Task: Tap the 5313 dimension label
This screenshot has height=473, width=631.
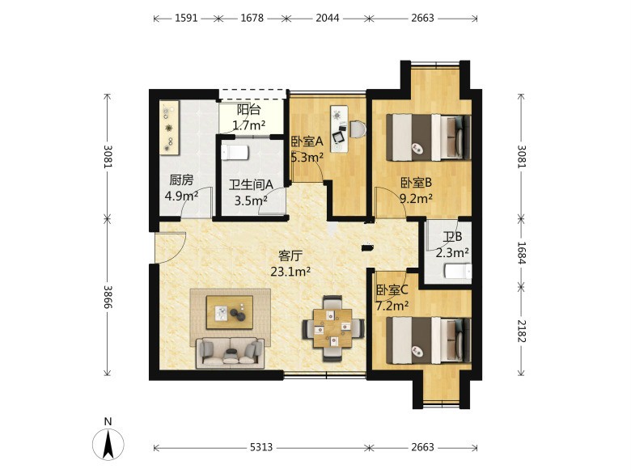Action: [261, 447]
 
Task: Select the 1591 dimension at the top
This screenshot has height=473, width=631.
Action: [186, 18]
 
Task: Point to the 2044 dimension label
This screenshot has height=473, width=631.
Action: [327, 18]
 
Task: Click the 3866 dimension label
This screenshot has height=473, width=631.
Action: [108, 297]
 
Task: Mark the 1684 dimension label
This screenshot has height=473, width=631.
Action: [522, 252]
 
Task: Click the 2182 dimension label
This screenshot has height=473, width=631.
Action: [522, 331]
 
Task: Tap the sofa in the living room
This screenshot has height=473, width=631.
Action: [231, 353]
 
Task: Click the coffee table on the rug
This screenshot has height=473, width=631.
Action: [230, 312]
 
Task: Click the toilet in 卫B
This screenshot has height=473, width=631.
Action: [458, 271]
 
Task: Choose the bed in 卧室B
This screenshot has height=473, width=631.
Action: [429, 137]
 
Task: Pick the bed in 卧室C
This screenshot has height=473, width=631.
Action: [429, 340]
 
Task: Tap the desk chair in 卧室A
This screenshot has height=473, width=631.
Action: [358, 129]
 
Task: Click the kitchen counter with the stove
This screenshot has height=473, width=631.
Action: [169, 128]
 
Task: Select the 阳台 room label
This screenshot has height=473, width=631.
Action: [248, 109]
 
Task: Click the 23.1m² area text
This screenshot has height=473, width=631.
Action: [290, 272]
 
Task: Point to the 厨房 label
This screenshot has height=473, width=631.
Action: [181, 179]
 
